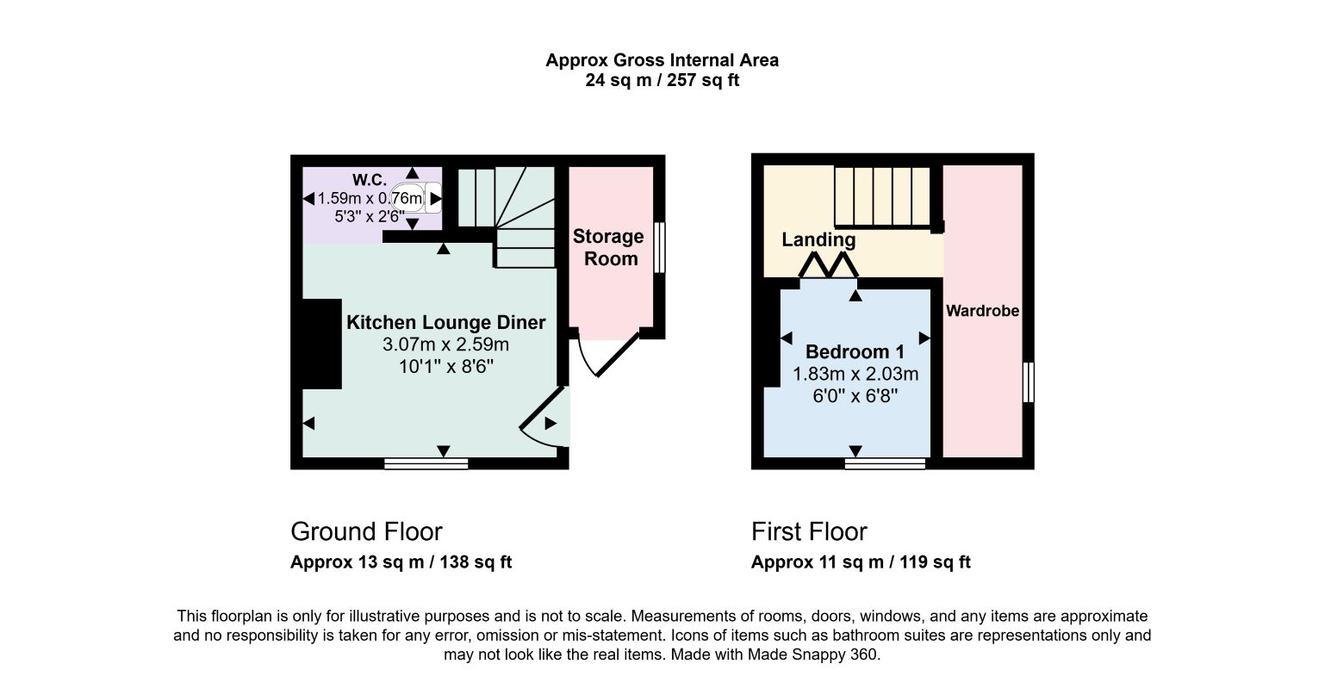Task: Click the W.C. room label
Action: pos(370,180)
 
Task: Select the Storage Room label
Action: pos(609,247)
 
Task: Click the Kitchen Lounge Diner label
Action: pos(445,322)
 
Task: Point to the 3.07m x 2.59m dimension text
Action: pos(445,344)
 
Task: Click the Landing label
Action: pos(818,239)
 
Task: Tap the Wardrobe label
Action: pos(982,311)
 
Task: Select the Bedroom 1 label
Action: pos(855,352)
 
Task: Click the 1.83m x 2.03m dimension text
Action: pos(855,375)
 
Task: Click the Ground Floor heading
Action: pos(366,531)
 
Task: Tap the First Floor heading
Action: pos(809,531)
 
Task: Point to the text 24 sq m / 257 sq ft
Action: pos(662,80)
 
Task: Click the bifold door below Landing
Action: pos(828,265)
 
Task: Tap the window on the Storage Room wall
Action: pos(659,247)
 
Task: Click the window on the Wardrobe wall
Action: pos(1029,382)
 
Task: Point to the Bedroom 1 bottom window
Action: pos(885,463)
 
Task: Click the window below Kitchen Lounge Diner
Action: pos(426,463)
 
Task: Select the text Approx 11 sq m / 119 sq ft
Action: pos(861,562)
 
